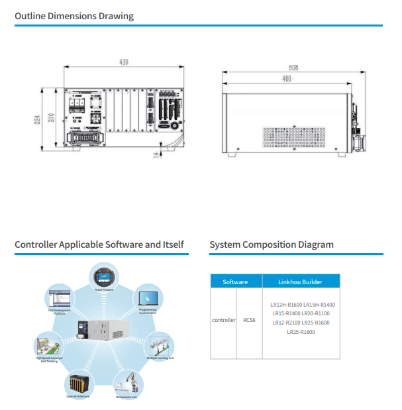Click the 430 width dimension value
pyautogui.click(x=123, y=62)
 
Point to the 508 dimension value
pyautogui.click(x=294, y=68)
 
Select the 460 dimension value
pyautogui.click(x=286, y=79)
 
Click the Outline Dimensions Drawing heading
pyautogui.click(x=74, y=16)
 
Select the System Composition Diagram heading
pyautogui.click(x=272, y=245)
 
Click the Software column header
pyautogui.click(x=235, y=282)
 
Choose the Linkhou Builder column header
pyautogui.click(x=301, y=282)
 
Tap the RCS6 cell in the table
pyautogui.click(x=249, y=320)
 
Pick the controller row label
pyautogui.click(x=224, y=320)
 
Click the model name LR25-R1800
pyautogui.click(x=301, y=332)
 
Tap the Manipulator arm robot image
pyautogui.click(x=128, y=382)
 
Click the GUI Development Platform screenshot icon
pyautogui.click(x=59, y=297)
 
